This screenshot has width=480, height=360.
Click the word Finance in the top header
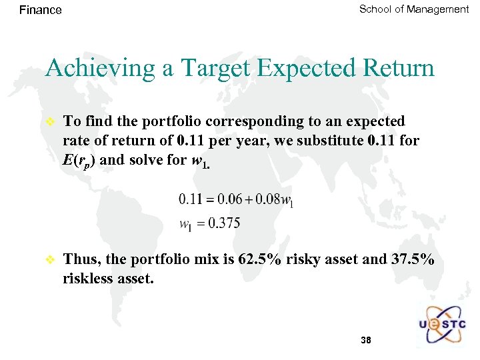pyautogui.click(x=41, y=10)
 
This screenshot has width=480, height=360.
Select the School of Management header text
pyautogui.click(x=413, y=9)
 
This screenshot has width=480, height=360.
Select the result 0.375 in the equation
pyautogui.click(x=225, y=223)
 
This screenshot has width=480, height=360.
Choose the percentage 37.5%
pyautogui.click(x=413, y=259)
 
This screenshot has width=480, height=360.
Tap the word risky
pyautogui.click(x=303, y=260)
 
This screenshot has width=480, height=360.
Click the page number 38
pyautogui.click(x=365, y=341)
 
